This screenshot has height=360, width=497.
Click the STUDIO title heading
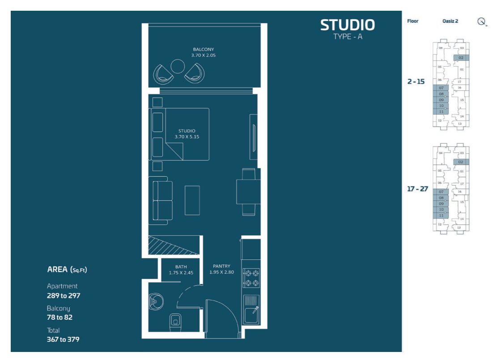(x=348, y=25)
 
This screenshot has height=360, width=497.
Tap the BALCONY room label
(x=204, y=50)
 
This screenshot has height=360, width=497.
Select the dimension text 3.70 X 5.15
(x=187, y=137)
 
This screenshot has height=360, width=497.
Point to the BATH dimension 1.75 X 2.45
(x=181, y=273)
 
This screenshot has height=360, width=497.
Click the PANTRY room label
(x=221, y=266)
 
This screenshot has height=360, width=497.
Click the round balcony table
(x=178, y=67)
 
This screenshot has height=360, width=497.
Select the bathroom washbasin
(x=156, y=302)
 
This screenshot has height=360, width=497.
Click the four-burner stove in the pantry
(x=251, y=278)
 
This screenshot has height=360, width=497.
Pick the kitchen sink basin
(x=251, y=315)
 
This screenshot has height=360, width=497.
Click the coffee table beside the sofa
(x=192, y=201)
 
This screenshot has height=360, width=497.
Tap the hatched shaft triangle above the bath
(x=174, y=245)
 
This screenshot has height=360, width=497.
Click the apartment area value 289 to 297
(x=64, y=296)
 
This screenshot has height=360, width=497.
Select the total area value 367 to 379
(x=63, y=339)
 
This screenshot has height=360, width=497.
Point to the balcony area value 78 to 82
(x=59, y=317)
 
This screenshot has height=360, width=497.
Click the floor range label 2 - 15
(x=416, y=81)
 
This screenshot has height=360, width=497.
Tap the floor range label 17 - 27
(x=417, y=189)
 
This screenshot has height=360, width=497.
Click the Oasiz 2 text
(x=450, y=21)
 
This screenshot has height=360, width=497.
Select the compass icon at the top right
(x=482, y=21)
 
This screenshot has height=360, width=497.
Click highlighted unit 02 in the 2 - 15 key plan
(x=461, y=58)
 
